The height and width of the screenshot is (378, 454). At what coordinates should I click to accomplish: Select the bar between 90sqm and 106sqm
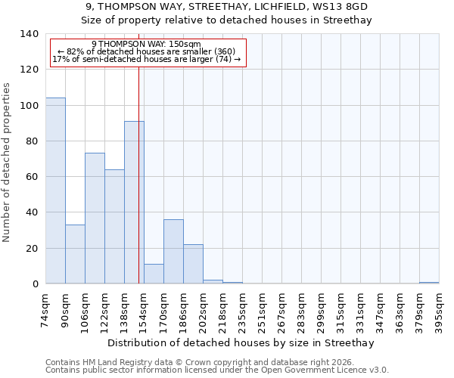[75, 254]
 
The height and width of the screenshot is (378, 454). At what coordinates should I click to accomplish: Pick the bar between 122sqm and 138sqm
[114, 227]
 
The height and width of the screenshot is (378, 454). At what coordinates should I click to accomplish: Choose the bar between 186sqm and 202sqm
[193, 264]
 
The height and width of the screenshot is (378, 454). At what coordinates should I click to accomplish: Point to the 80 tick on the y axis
[32, 141]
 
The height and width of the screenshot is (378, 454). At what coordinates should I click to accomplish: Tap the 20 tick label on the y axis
[32, 249]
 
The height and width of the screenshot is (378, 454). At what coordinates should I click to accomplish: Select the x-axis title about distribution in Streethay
[241, 342]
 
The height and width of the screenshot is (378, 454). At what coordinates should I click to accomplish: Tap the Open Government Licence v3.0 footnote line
[217, 370]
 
